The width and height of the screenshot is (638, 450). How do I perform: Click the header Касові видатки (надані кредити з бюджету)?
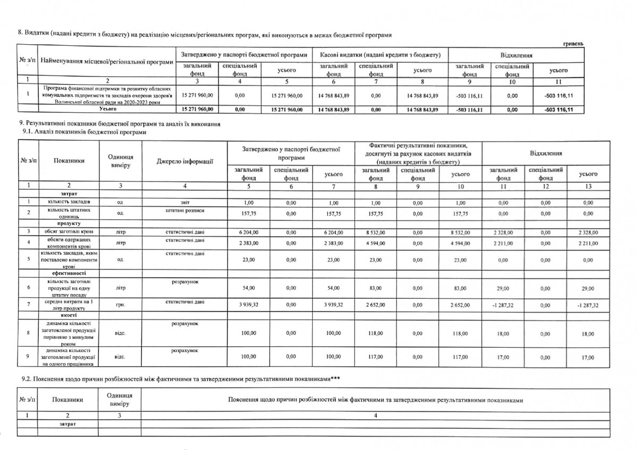point(380,55)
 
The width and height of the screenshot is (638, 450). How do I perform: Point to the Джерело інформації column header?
point(184,160)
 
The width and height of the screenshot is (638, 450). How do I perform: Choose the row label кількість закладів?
point(68,203)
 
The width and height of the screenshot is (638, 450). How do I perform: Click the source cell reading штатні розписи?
point(184,211)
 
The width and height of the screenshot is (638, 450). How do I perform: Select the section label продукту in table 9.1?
point(68,223)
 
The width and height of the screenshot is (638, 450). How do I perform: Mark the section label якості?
point(68,315)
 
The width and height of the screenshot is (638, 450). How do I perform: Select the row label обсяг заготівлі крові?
point(68,232)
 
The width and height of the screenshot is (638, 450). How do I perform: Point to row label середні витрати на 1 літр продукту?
point(68,304)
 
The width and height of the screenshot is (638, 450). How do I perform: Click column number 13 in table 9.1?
point(587,186)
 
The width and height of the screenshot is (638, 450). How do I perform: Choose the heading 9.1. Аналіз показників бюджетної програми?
point(83,132)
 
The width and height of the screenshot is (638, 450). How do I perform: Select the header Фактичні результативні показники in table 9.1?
point(419,153)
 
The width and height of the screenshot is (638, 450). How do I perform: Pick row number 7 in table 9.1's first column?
point(27,304)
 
